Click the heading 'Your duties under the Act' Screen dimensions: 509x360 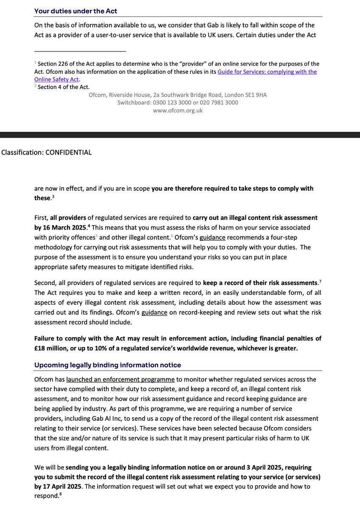[x=76, y=11]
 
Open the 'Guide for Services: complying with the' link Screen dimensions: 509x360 [x=267, y=72]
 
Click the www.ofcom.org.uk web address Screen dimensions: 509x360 [x=178, y=110]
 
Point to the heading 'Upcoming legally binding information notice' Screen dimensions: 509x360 [x=107, y=365]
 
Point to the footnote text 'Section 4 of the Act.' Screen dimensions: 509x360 [x=64, y=87]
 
